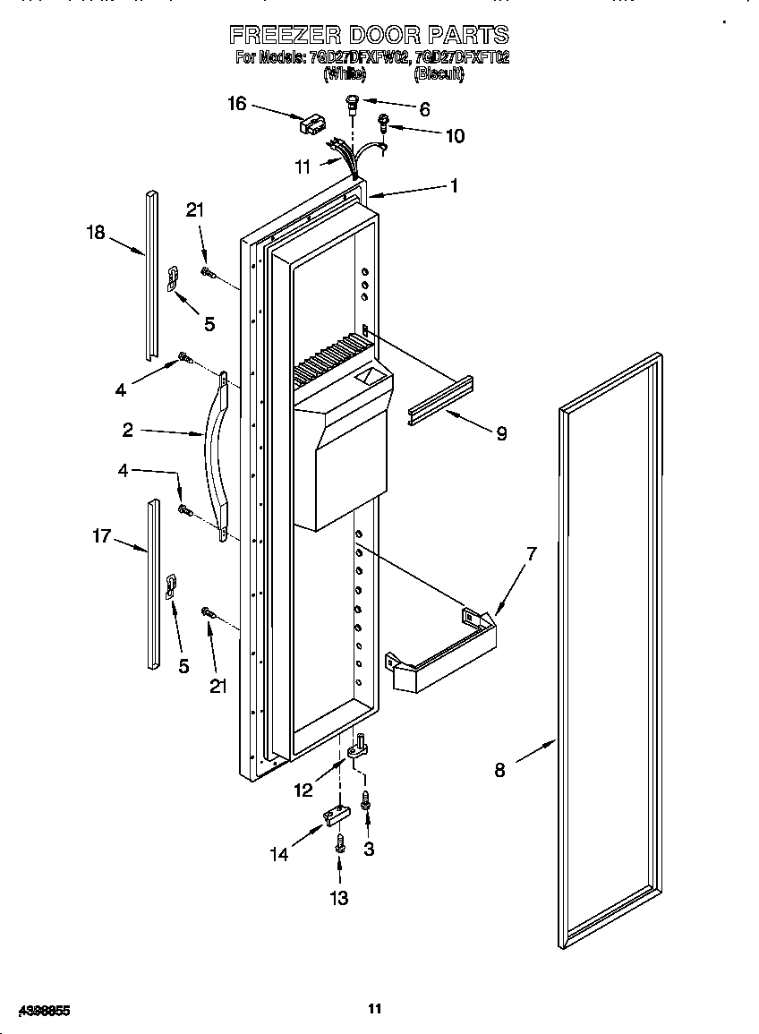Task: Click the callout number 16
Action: [236, 104]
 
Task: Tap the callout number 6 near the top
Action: [424, 110]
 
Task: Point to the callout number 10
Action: [455, 136]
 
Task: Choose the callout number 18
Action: [96, 233]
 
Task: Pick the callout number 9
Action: [501, 433]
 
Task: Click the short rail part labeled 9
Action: [439, 402]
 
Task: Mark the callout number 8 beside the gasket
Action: [499, 770]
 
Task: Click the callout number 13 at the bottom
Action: [339, 898]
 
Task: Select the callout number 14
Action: [280, 854]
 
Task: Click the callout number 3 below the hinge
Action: [369, 849]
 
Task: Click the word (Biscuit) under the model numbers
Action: [439, 77]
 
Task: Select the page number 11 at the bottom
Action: [375, 1009]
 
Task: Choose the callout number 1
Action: [454, 186]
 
